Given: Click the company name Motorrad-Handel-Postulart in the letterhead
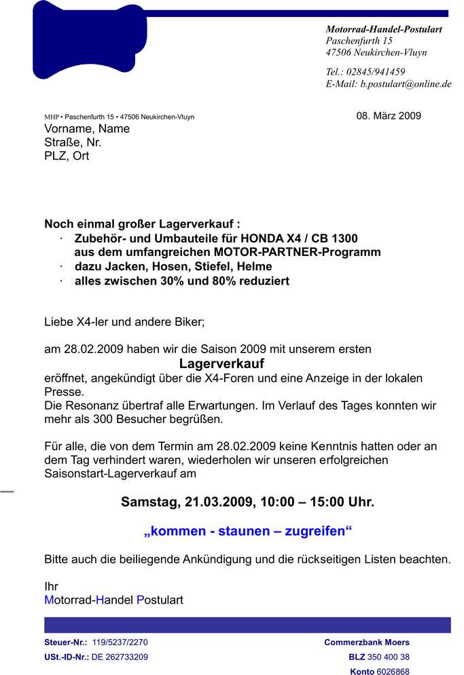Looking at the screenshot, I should tap(384, 29).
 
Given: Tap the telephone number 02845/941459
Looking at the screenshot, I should tap(376, 71).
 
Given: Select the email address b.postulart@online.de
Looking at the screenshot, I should tap(406, 84).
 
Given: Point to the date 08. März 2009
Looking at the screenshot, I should tap(389, 115).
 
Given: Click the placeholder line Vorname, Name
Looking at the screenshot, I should tap(87, 128).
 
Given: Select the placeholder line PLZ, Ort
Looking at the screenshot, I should tap(67, 156).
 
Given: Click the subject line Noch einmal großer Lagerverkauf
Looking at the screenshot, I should tap(142, 224).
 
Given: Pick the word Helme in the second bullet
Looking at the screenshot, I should tap(253, 266).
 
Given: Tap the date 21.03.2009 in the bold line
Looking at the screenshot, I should tap(219, 503).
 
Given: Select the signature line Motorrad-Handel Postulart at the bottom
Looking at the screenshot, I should tap(113, 600).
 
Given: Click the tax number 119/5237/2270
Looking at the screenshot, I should tap(120, 642).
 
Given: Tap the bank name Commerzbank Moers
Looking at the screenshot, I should tap(367, 642).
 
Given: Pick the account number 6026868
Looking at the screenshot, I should tap(393, 671).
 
